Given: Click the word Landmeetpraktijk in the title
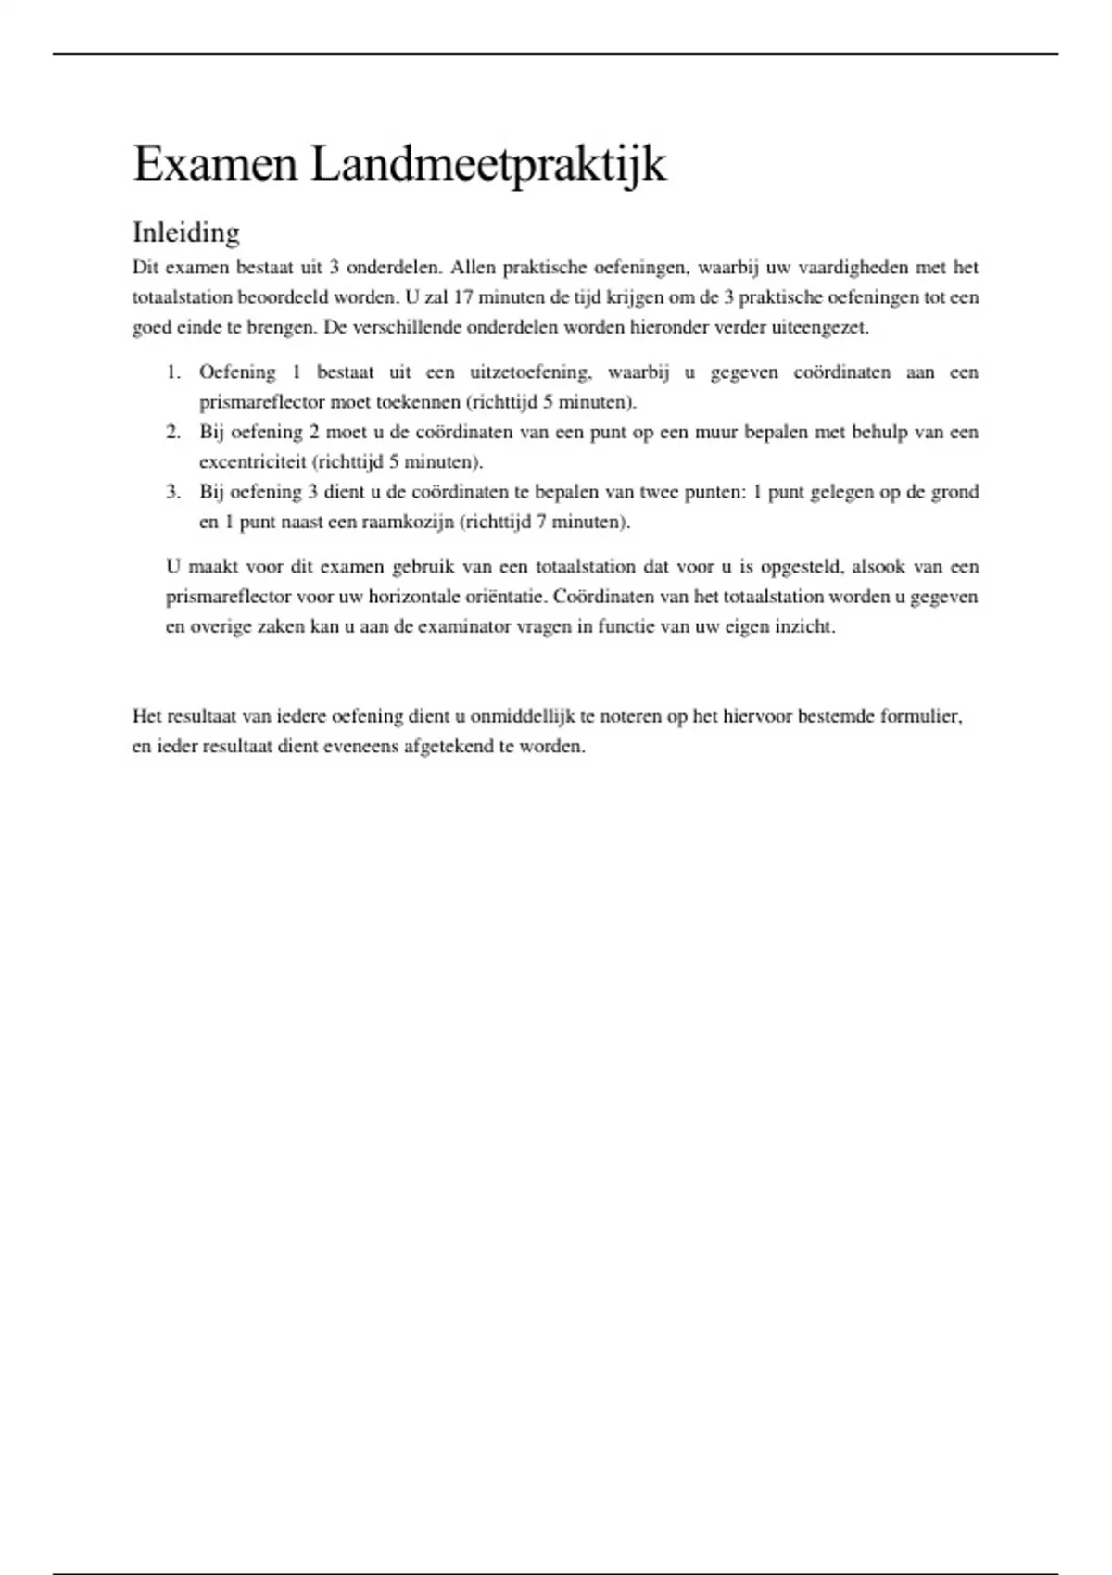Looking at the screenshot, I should click(488, 165).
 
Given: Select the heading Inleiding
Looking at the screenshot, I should click(186, 232).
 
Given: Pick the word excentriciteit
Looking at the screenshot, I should click(252, 461).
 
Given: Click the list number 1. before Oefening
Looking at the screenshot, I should click(173, 372).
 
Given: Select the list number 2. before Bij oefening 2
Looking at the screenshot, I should click(173, 432).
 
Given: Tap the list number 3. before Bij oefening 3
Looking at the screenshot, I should click(173, 492).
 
